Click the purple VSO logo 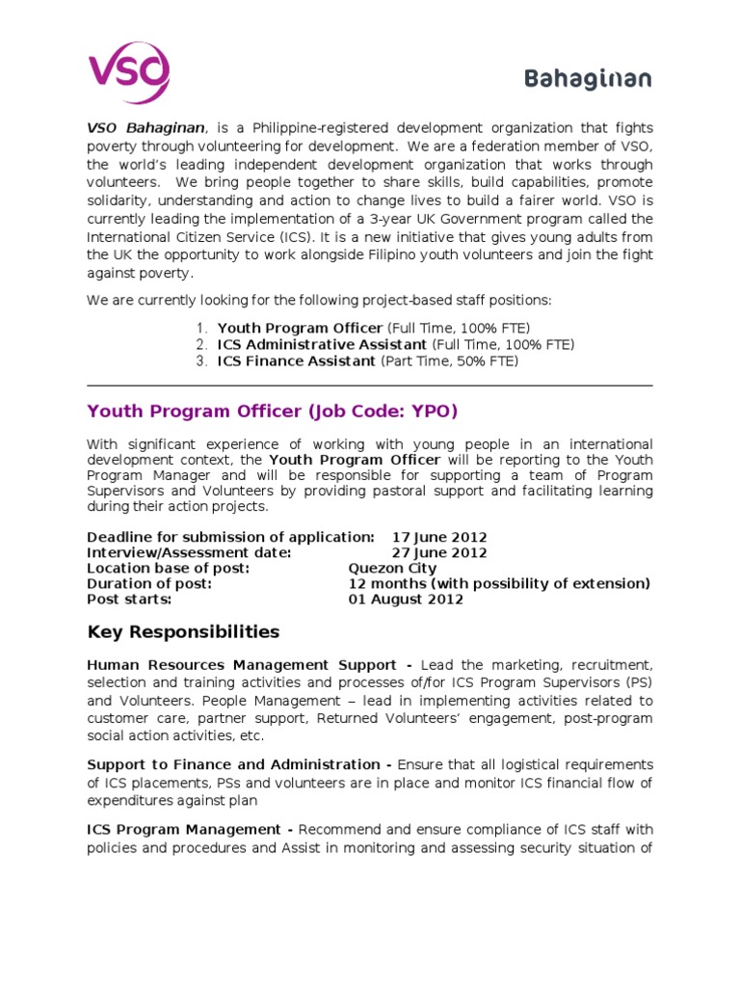(x=129, y=72)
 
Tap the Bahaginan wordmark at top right (x=588, y=79)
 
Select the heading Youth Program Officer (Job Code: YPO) (x=273, y=412)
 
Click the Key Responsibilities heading (x=183, y=632)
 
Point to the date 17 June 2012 (x=439, y=537)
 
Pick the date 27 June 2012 (x=439, y=552)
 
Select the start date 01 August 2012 (x=406, y=599)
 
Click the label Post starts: (x=129, y=599)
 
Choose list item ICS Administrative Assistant (x=322, y=344)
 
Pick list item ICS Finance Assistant (x=297, y=360)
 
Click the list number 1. (x=201, y=328)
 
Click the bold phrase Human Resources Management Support (x=241, y=665)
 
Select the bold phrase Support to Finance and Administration (x=233, y=764)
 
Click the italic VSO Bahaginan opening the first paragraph (x=145, y=127)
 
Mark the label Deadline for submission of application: (x=230, y=537)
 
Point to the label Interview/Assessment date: (x=189, y=552)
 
